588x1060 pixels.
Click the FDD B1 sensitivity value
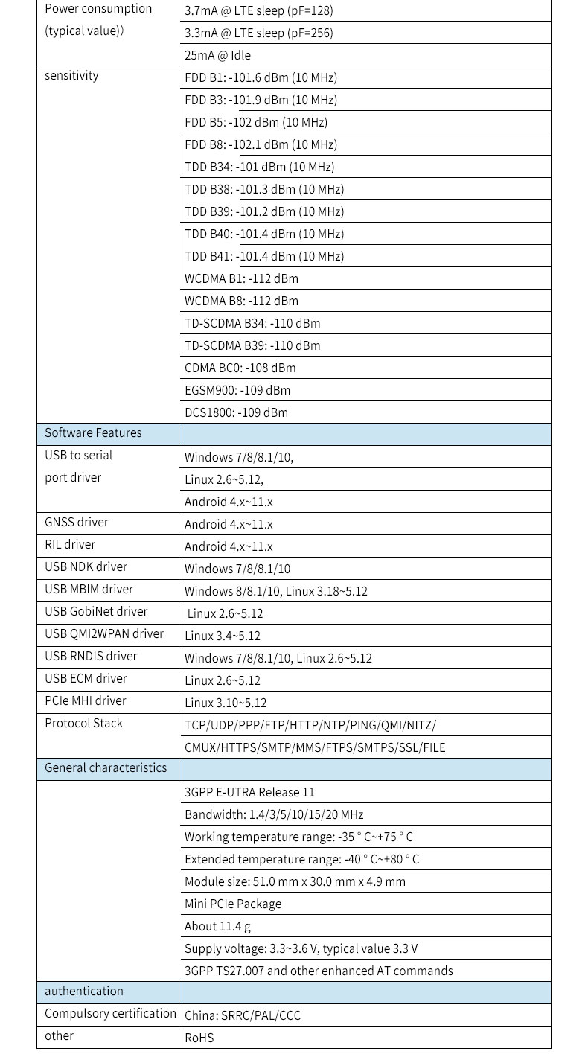point(261,77)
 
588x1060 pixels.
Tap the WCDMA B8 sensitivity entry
point(241,301)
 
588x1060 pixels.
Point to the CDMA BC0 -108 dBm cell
point(240,368)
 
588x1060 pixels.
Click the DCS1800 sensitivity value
point(236,412)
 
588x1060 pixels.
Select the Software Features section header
point(93,433)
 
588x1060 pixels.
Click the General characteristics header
point(106,768)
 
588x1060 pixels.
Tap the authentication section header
point(84,992)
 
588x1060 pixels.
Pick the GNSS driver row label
point(77,523)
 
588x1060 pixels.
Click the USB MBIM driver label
point(89,590)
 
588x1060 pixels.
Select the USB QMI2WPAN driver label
point(104,634)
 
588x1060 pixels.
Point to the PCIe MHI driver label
point(86,701)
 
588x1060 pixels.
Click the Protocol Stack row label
point(83,724)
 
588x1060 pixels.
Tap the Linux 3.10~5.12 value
point(226,703)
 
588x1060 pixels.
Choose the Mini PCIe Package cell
point(233,904)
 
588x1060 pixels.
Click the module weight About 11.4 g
point(217,926)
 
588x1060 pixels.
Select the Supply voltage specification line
point(301,948)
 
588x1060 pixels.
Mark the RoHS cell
point(199,1038)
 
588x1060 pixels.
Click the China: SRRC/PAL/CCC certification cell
point(243,1015)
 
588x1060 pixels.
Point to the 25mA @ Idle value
point(217,55)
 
